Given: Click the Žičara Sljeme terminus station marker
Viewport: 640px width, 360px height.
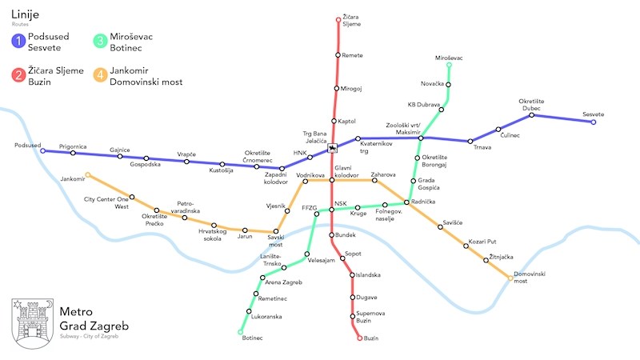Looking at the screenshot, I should [x=338, y=18].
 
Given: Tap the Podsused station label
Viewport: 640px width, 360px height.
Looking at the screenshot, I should [x=27, y=146].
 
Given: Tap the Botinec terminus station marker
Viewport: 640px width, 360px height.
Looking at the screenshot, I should [x=240, y=331].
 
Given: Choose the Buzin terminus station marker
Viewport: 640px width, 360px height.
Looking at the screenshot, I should [x=359, y=338].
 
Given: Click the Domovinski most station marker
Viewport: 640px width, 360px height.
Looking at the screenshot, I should [x=510, y=278].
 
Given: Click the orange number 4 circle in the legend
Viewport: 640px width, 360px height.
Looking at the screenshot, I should [x=100, y=76].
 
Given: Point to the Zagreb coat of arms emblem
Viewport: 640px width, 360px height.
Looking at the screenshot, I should [x=30, y=320].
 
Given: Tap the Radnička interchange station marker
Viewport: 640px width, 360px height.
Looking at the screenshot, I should [x=407, y=202].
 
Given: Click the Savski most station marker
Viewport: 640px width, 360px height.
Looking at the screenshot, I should [x=277, y=231].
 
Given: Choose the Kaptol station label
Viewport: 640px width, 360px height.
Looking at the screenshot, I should [x=346, y=122].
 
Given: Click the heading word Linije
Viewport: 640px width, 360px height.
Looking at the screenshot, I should [x=26, y=14].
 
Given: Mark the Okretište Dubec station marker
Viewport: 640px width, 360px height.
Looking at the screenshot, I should [x=532, y=115].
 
